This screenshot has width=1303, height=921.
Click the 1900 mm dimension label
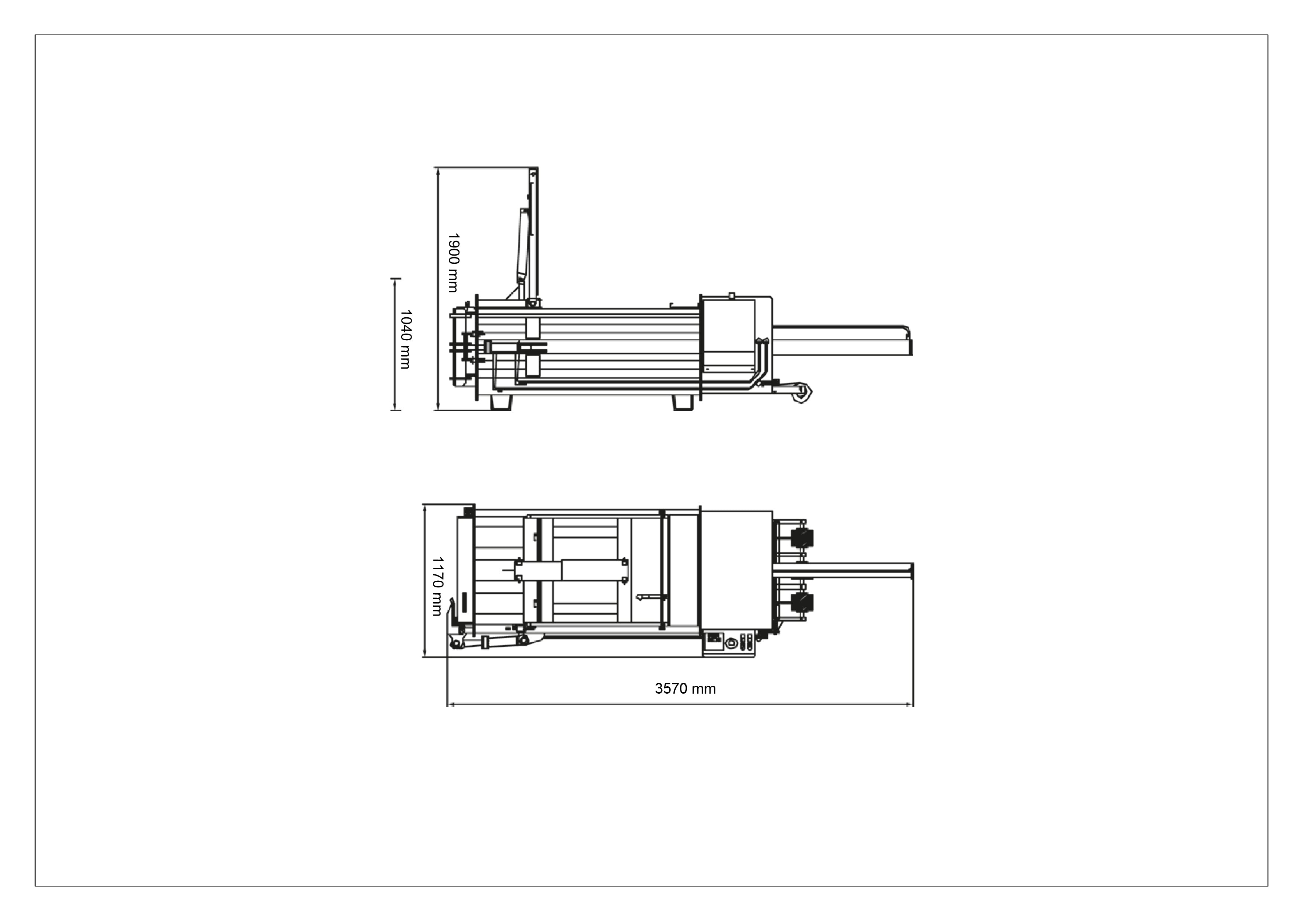tap(453, 263)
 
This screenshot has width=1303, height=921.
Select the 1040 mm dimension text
tap(405, 339)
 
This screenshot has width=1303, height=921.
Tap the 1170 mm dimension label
tap(437, 586)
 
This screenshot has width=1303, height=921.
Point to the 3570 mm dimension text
tap(685, 689)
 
